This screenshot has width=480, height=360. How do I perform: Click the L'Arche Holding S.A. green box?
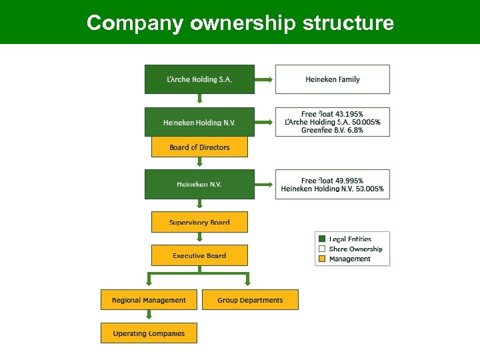tap(199, 79)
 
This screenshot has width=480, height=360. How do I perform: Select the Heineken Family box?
tap(332, 79)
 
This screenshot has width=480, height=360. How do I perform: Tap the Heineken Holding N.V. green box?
tap(199, 122)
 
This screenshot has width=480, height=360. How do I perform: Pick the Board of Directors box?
tap(199, 147)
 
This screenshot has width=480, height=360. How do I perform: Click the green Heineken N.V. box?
tap(199, 184)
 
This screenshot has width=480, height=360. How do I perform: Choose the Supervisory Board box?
tap(199, 222)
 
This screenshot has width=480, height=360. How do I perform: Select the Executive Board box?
tap(199, 255)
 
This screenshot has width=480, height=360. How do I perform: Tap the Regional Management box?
tap(149, 300)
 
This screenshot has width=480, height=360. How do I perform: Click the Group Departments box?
tap(250, 300)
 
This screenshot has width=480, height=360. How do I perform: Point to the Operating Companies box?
tap(149, 333)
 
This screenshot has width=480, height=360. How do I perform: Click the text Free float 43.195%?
tap(332, 114)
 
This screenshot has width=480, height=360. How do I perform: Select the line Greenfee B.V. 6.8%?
tap(332, 131)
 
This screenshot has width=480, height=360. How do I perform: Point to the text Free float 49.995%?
tap(332, 180)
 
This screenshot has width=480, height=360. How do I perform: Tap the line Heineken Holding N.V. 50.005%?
tap(332, 189)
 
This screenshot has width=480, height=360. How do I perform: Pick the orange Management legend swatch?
tap(322, 259)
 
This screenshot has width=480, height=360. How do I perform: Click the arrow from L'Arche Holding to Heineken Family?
tap(265, 79)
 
